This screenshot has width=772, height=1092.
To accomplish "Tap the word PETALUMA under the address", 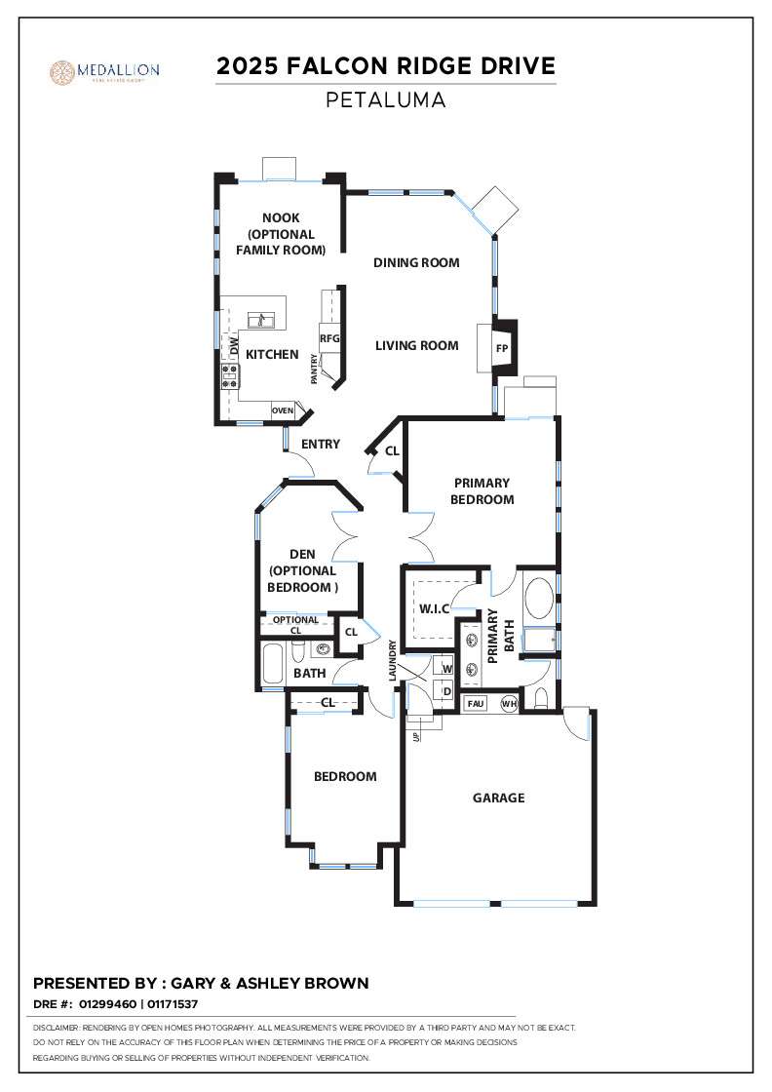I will point(385,99).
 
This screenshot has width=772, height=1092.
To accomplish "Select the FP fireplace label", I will point(503,348).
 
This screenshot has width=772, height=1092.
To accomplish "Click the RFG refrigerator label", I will point(328,338).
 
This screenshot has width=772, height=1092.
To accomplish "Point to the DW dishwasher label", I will point(234,346).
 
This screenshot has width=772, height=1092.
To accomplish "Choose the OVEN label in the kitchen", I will point(283,410).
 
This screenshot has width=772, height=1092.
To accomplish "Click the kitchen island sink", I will point(260,320).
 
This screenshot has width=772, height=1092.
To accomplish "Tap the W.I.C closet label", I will point(434,608).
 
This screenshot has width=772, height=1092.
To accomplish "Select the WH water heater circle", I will point(508,703).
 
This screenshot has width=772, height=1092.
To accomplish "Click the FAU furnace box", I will point(476,703).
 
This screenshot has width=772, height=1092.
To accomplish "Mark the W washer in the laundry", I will point(447,669).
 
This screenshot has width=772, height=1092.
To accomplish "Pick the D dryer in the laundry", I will point(447,691).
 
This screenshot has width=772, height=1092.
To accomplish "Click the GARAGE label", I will point(498,798).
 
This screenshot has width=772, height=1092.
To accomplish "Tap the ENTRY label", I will point(321,444).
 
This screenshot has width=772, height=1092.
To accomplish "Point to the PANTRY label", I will point(315,370).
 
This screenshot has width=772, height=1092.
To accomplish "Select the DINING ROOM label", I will point(416,262).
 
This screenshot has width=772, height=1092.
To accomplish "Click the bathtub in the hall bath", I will point(274,662).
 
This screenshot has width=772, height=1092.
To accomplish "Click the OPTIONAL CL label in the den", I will point(295,625).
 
